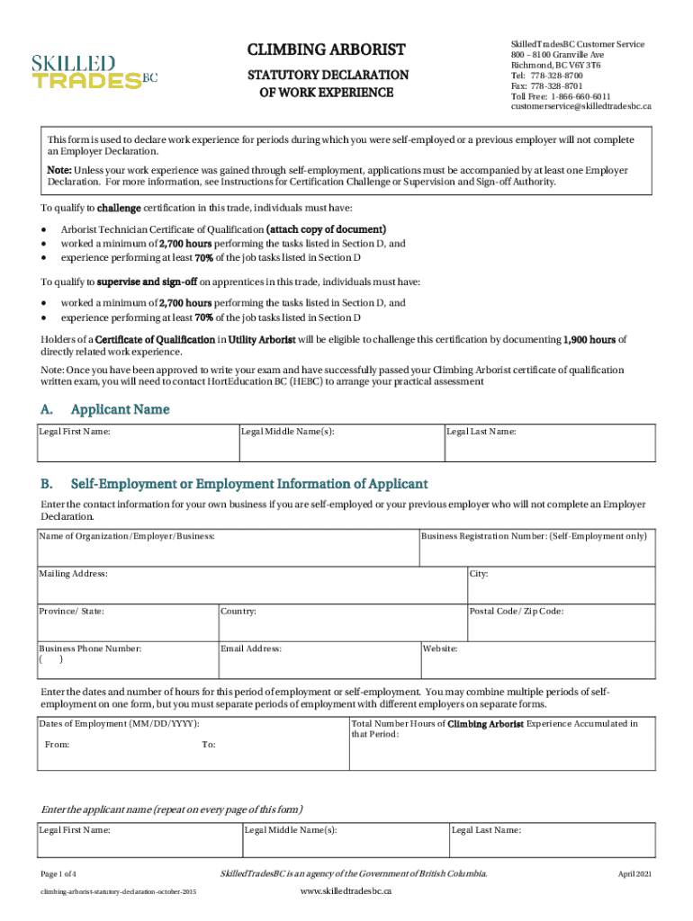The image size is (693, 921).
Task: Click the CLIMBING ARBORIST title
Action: pos(327,49)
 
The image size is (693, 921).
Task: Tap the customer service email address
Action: pos(580,106)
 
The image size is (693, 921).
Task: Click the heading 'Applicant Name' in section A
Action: pos(120,409)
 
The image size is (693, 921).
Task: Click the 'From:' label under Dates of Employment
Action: pos(58,745)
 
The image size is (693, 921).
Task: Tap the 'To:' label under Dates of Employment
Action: pos(208,745)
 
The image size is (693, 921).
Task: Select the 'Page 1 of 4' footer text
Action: pos(58,874)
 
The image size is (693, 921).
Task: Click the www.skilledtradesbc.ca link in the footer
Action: pos(346,890)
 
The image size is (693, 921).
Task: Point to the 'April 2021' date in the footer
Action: pos(634,874)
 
